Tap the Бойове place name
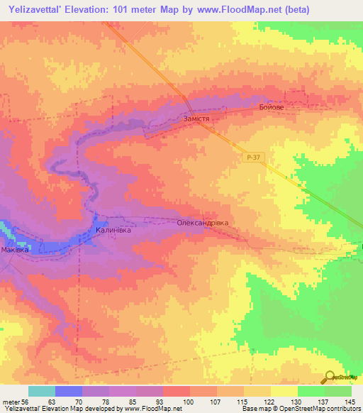[x=272, y=107]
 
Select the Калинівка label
[x=113, y=231]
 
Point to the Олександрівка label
[x=203, y=223]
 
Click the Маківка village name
[x=14, y=250]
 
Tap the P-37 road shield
[x=255, y=158]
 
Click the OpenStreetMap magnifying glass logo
[x=330, y=377]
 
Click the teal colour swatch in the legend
[x=42, y=391]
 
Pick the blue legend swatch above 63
[x=69, y=391]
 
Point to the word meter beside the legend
[x=12, y=401]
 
